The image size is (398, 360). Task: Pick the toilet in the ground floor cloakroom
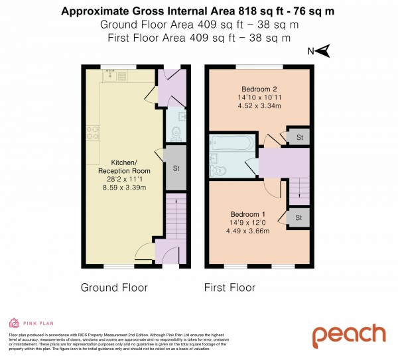(175, 133)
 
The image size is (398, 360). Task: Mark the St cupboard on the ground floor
(176, 168)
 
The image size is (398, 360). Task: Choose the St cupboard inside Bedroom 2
(299, 137)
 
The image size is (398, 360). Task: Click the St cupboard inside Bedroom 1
(298, 217)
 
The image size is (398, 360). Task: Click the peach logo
(348, 335)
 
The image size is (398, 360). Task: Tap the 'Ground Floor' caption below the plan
(114, 288)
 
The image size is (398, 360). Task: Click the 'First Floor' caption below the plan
(230, 288)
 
